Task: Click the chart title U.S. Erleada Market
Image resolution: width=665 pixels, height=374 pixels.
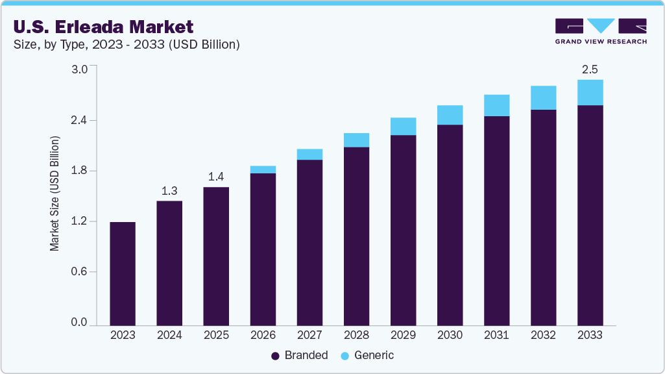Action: [103, 27]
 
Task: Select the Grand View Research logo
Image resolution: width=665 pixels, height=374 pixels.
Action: [601, 31]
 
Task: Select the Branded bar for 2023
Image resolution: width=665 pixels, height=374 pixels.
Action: [123, 273]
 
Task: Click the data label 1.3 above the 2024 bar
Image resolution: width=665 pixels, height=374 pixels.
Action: [169, 191]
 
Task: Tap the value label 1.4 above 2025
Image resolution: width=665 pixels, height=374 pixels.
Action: [216, 177]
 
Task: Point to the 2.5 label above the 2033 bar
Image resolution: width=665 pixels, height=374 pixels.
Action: [590, 69]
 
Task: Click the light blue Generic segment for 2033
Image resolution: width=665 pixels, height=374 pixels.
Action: [590, 92]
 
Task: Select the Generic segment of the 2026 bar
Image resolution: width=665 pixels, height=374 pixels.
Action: [263, 169]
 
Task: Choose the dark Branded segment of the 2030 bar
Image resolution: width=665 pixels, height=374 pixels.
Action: [450, 225]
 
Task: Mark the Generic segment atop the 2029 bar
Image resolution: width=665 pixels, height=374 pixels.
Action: [403, 127]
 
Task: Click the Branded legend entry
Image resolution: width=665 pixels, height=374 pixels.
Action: [299, 355]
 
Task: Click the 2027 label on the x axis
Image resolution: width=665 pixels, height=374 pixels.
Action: [309, 335]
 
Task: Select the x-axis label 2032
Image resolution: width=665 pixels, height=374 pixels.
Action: [543, 335]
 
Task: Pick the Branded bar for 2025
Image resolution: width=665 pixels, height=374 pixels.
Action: [216, 256]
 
